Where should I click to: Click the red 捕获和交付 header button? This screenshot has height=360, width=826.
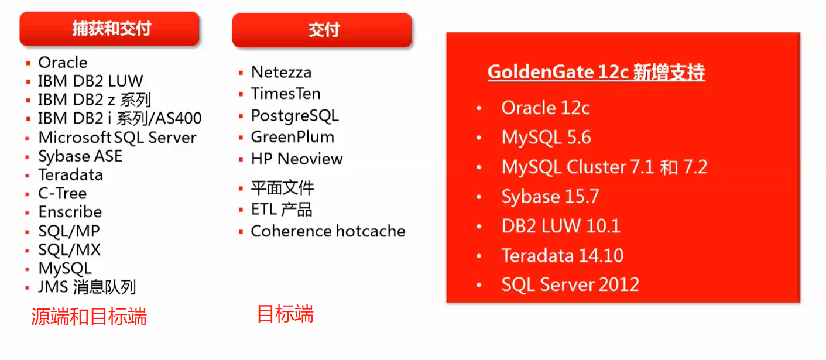[109, 29]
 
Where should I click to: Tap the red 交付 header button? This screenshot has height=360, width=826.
[323, 30]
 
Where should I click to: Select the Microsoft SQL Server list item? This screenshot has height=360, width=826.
[117, 138]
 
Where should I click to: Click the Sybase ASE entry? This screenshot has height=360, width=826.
[80, 157]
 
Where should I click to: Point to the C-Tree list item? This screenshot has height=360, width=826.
[62, 193]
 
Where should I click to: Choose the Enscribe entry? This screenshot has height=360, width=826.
[70, 212]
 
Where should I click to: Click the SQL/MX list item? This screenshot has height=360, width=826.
[69, 250]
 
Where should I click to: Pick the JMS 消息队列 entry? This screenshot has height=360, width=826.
[87, 287]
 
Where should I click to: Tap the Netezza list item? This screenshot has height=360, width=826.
[281, 73]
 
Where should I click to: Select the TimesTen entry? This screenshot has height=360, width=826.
[286, 94]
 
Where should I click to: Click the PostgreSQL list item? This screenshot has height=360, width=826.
[294, 115]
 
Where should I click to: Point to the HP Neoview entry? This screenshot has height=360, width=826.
[297, 159]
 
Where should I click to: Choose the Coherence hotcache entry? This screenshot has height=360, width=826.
[328, 231]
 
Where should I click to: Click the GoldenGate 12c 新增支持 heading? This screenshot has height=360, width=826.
[596, 72]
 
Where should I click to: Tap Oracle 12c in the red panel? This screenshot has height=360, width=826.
[545, 108]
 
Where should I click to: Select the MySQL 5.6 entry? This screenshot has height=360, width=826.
[546, 138]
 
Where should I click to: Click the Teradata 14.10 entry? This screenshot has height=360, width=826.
[562, 256]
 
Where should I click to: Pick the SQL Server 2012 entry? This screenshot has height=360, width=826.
[570, 285]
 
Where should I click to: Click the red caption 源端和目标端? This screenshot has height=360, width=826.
[88, 317]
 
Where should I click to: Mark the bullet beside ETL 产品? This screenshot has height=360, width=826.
[241, 210]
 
